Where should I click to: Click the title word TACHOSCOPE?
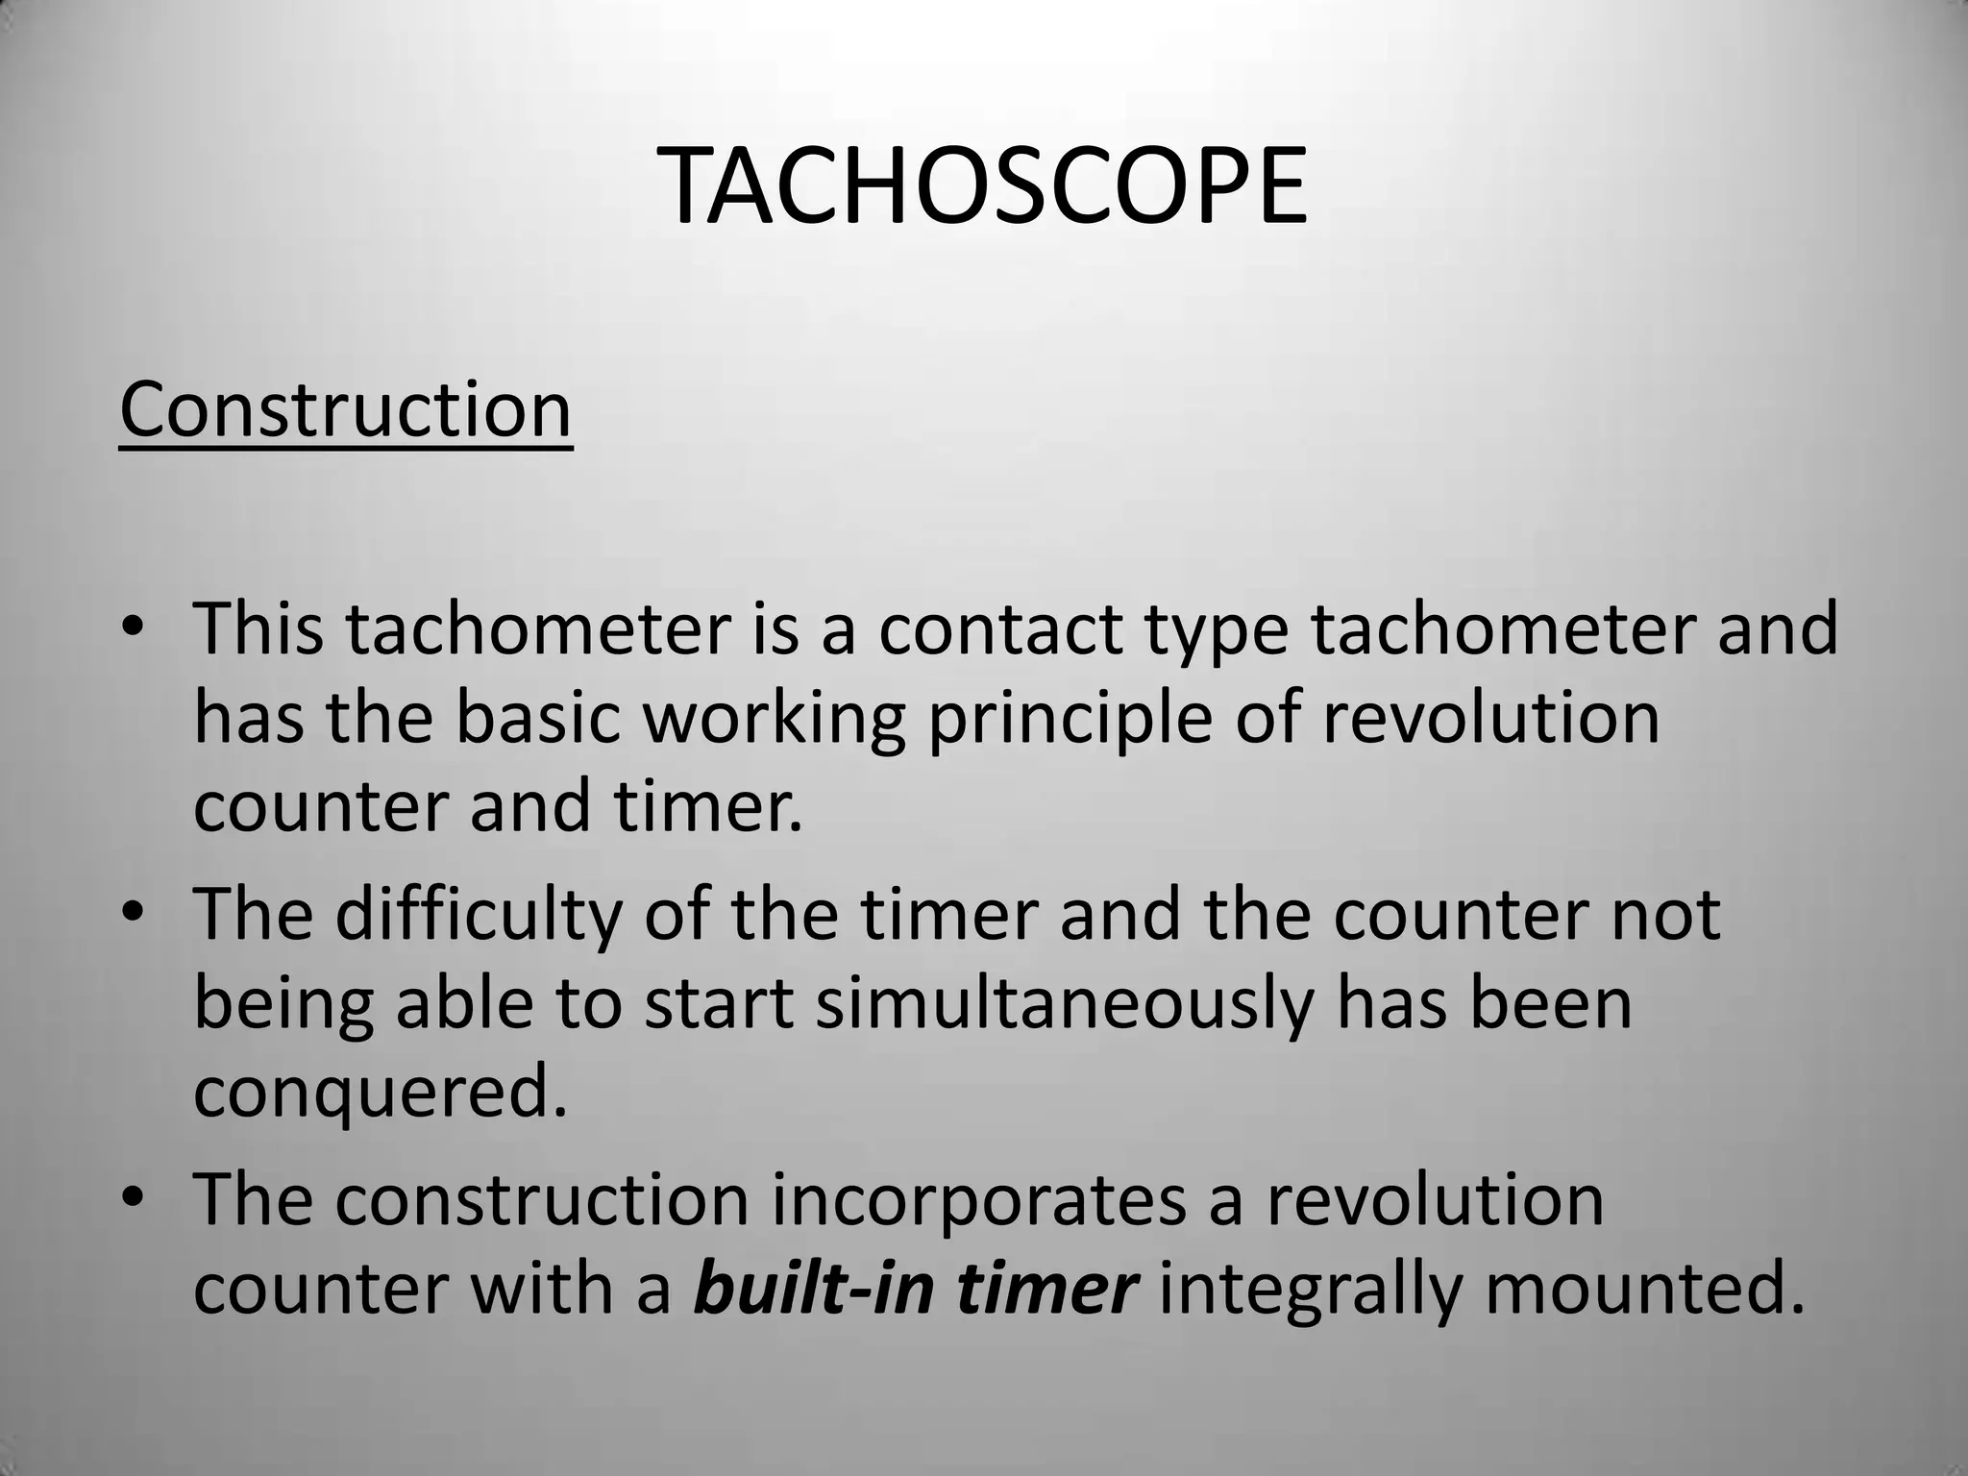982,186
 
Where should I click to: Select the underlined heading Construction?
345,410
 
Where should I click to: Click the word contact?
999,628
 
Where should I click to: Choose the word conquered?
381,1094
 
